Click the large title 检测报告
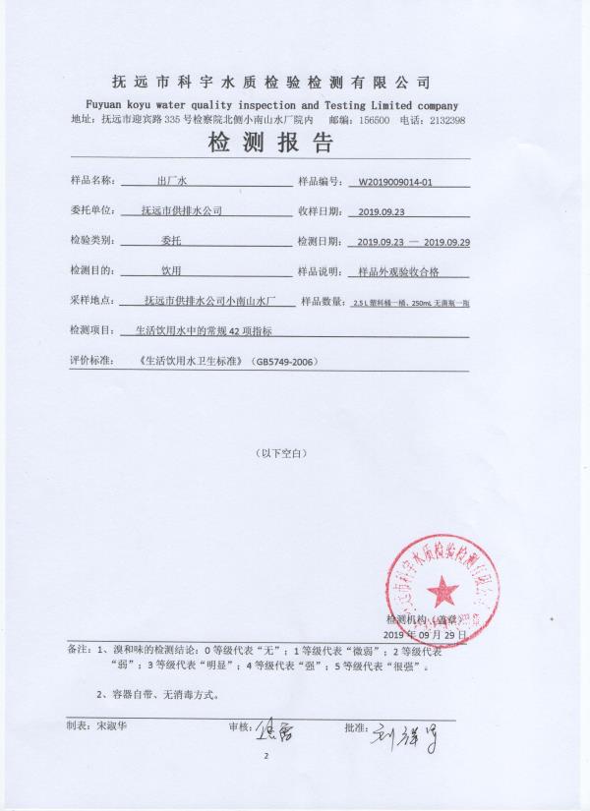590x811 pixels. pos(269,145)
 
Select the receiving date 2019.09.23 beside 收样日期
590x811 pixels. pos(381,211)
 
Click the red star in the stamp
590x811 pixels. pos(442,590)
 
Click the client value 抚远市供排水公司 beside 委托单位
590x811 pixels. pos(182,210)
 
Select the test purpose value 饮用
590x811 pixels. pos(171,269)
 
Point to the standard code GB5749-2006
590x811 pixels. pos(284,361)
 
